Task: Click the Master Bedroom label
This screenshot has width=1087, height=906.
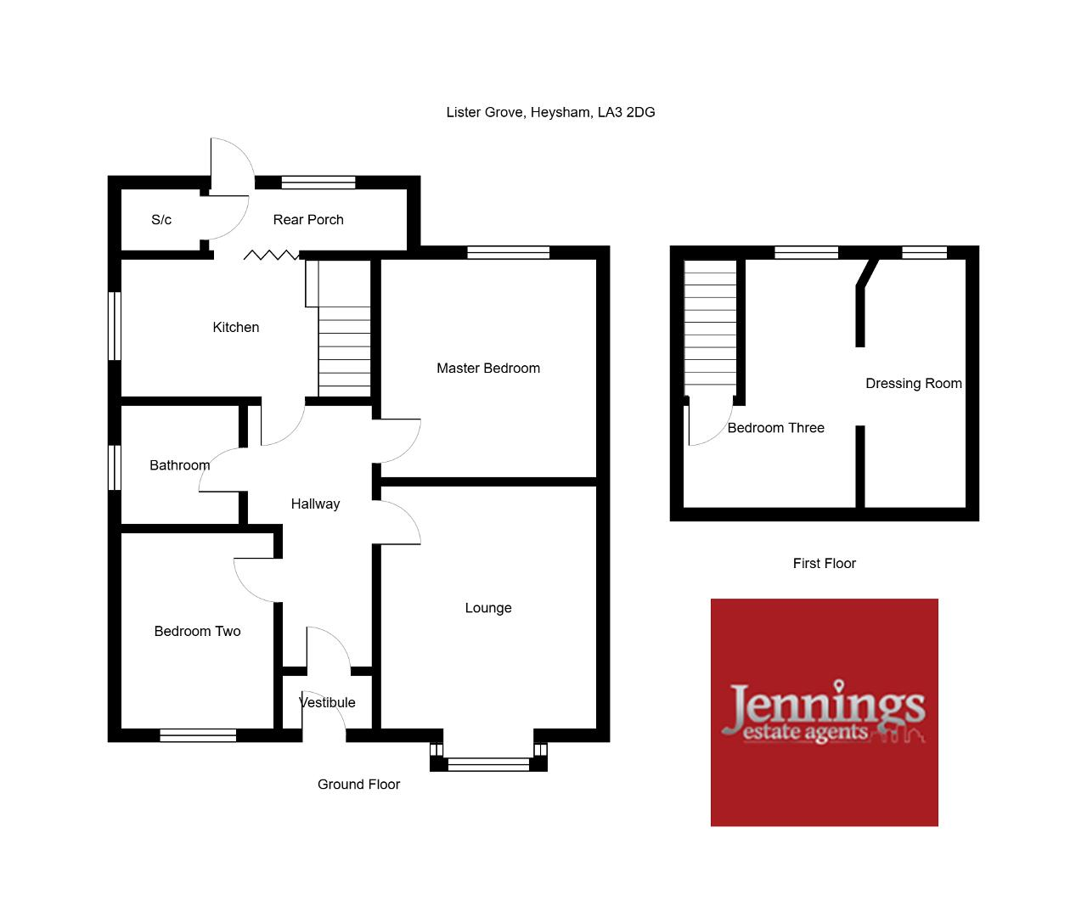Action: (x=487, y=369)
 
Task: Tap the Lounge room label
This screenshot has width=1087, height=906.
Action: (x=487, y=608)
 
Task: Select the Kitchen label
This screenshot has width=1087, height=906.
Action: (x=235, y=327)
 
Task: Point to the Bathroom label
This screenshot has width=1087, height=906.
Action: (x=179, y=465)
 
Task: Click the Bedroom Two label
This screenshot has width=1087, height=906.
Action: (x=197, y=631)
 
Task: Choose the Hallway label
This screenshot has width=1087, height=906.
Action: (x=315, y=504)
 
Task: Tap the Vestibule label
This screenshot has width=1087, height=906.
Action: (x=327, y=702)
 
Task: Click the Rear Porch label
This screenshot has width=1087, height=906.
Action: (x=308, y=220)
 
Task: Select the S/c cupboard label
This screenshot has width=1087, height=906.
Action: (x=161, y=220)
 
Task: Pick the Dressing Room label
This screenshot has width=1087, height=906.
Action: (x=913, y=384)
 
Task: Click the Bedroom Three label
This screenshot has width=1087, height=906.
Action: (x=775, y=428)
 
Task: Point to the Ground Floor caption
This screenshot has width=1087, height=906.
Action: (x=358, y=785)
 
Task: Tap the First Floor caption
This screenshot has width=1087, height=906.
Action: (x=824, y=564)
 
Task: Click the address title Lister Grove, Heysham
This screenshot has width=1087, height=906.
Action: (x=550, y=112)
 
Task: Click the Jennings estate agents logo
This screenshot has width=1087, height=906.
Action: (x=824, y=712)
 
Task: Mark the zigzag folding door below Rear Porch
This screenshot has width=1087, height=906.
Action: (x=271, y=255)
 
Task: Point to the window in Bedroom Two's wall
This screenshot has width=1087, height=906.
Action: (x=198, y=735)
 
